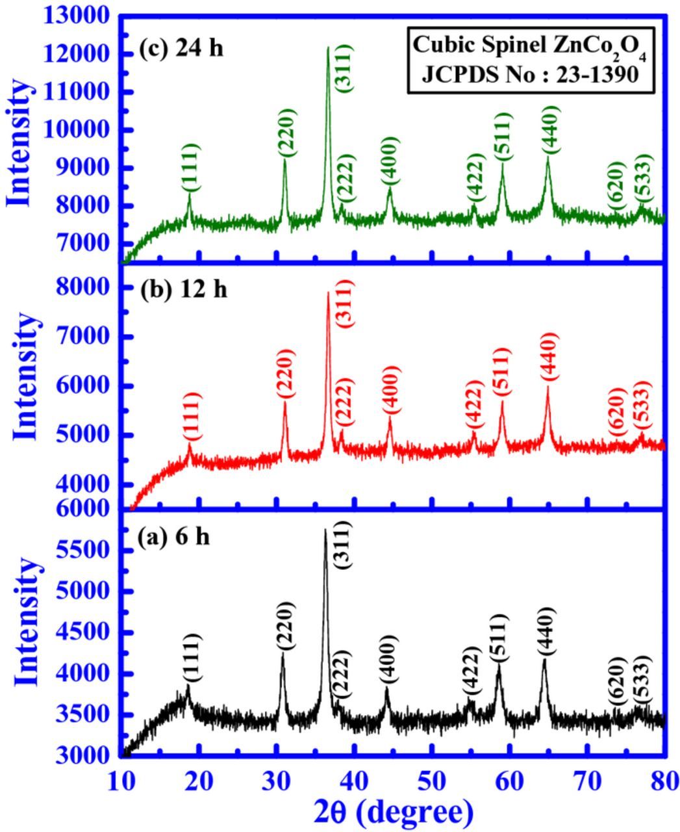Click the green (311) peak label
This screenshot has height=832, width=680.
[344, 68]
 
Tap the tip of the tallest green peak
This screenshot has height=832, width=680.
[328, 47]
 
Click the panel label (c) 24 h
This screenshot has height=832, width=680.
[181, 49]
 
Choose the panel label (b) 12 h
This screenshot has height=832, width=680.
[184, 289]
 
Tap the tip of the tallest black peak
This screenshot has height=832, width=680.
[325, 530]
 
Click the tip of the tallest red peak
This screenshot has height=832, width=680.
[328, 292]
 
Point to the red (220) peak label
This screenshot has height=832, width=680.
[285, 374]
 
